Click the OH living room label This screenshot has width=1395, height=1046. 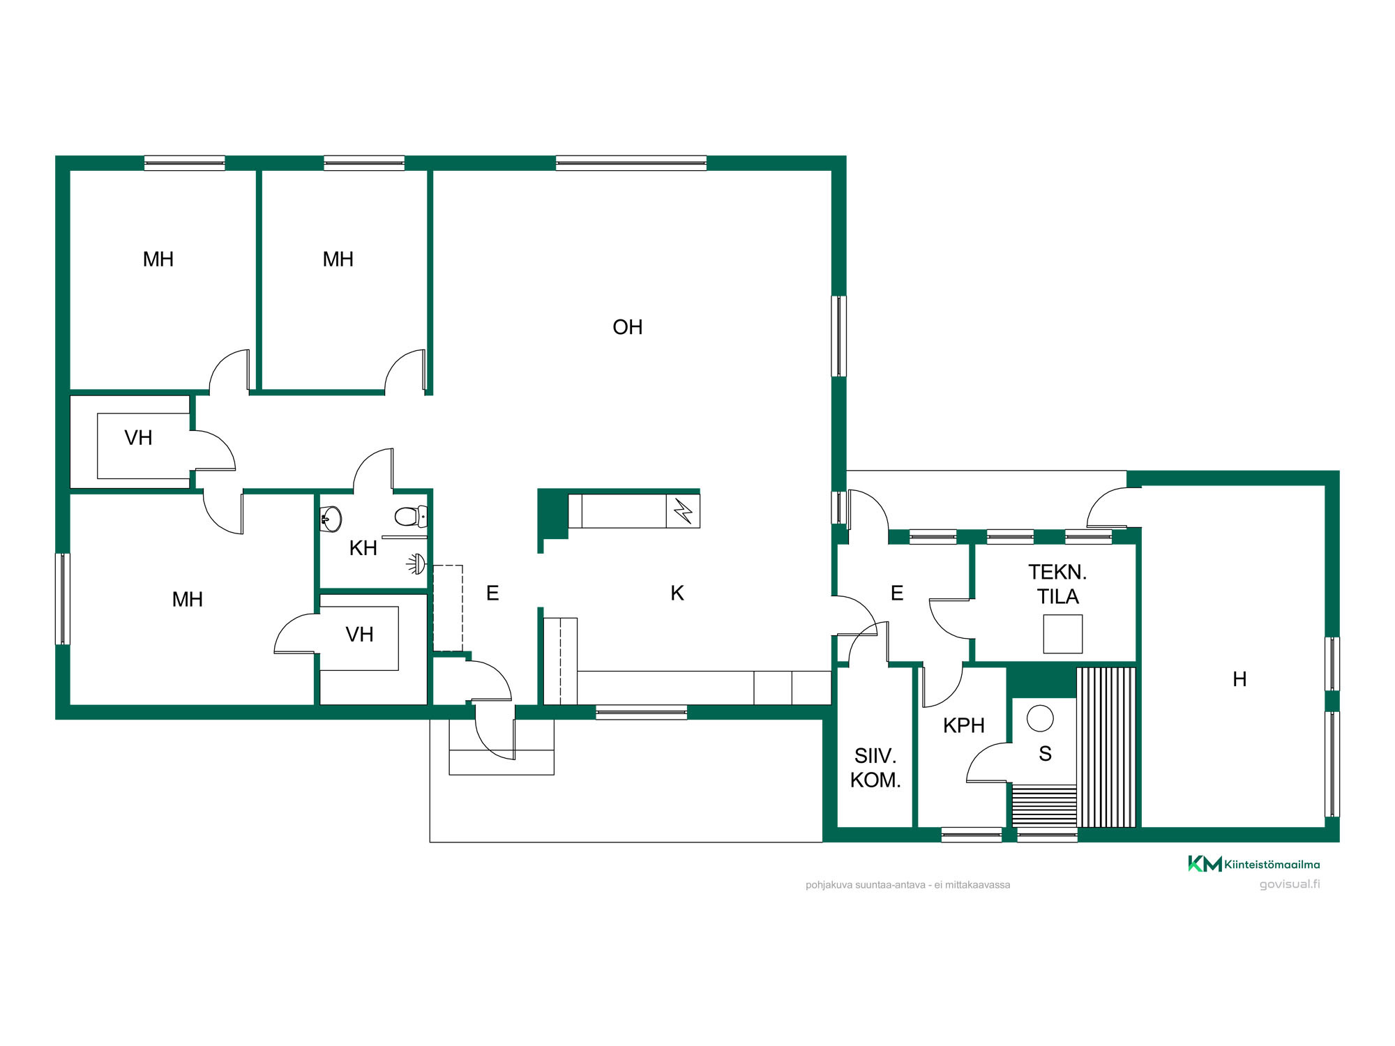627,327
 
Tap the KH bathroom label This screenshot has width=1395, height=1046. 363,548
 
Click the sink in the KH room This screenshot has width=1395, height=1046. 331,519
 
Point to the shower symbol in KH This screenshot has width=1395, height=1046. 416,564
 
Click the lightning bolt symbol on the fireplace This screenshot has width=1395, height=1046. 683,511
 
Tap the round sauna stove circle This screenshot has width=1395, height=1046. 1040,718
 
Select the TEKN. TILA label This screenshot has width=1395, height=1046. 1057,584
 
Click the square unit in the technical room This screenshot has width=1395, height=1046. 1062,634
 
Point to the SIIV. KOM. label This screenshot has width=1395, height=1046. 875,768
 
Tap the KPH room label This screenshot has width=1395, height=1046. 963,726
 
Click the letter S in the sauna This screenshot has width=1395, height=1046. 1045,754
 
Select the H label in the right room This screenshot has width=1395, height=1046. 1239,679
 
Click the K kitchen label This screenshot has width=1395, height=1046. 677,593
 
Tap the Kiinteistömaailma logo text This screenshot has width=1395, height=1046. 1272,865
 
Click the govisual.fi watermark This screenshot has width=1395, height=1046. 1290,884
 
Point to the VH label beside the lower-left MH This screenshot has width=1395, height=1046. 359,635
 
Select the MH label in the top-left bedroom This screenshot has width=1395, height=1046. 158,259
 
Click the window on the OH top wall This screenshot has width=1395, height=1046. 631,163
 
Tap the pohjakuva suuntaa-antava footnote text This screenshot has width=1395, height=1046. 907,885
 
